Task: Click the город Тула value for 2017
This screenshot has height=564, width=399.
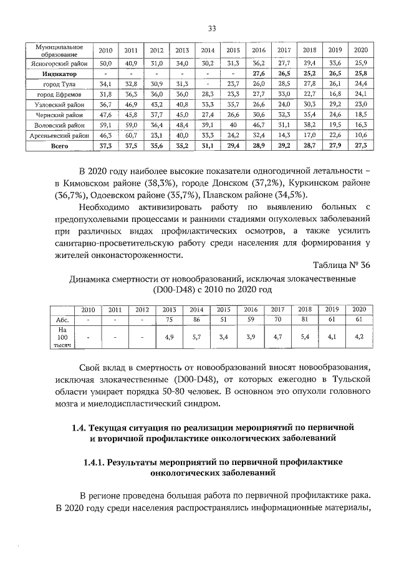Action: point(284,84)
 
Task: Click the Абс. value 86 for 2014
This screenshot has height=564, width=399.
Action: point(196,320)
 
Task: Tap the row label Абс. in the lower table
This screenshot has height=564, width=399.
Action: point(62,320)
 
